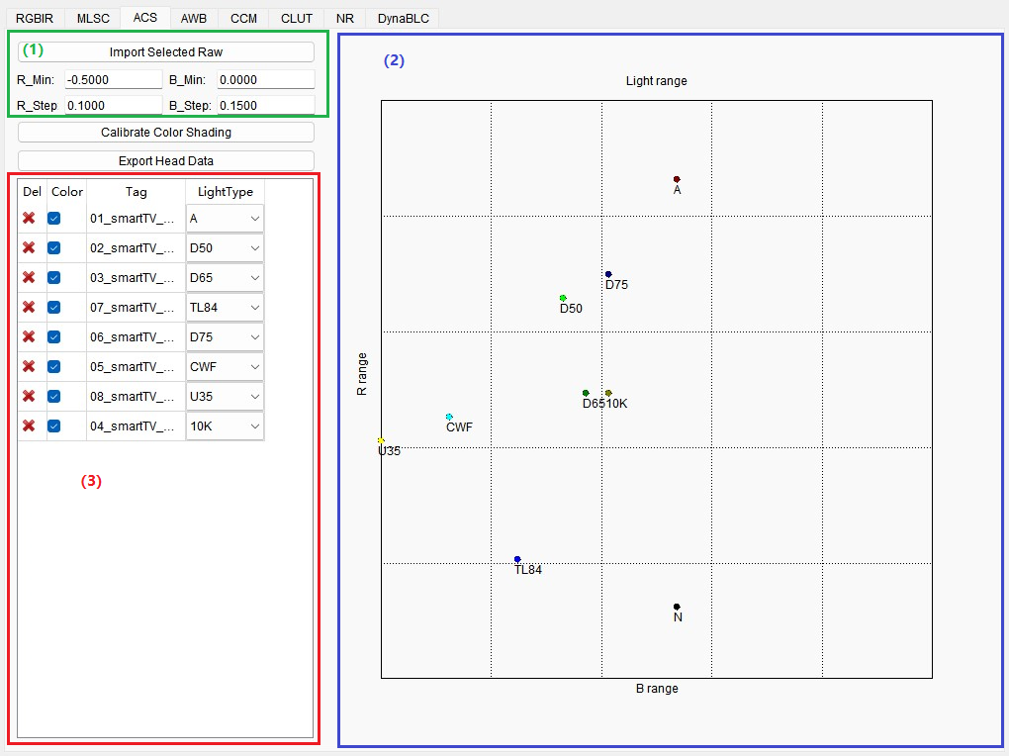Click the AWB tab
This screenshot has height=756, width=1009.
point(194,18)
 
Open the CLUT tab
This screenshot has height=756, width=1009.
point(297,18)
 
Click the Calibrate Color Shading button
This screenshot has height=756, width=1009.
point(166,132)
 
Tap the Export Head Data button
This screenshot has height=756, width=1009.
point(166,160)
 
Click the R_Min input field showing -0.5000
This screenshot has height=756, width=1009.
point(113,79)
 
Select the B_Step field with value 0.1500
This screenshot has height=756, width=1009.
point(265,105)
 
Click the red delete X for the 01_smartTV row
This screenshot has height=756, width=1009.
point(30,219)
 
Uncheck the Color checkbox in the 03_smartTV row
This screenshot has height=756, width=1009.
point(54,278)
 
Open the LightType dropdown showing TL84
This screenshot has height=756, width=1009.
point(225,308)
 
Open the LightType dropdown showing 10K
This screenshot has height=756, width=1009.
point(225,426)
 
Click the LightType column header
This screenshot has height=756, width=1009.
point(225,192)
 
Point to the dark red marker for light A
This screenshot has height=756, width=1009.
point(677,179)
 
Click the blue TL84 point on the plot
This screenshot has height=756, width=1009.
point(517,559)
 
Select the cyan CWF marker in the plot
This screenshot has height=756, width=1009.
point(449,417)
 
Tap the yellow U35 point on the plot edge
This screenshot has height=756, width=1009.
point(381,440)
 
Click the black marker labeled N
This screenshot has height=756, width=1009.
point(677,607)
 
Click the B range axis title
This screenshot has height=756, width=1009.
point(657,689)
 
